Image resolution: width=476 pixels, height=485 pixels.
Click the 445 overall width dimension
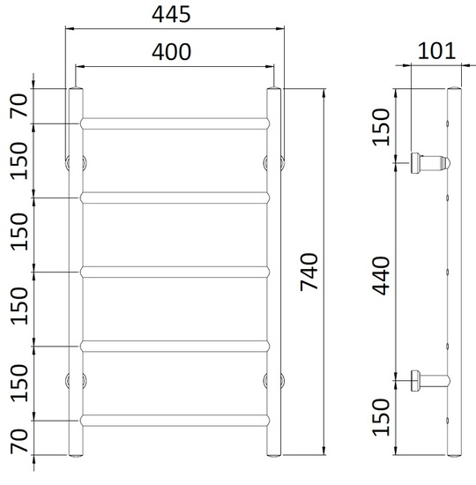pos(171,14)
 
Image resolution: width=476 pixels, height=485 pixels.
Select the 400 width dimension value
pos(171,52)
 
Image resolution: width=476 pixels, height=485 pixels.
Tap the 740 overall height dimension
pos(309,272)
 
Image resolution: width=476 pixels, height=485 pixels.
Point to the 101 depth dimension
pos(436,51)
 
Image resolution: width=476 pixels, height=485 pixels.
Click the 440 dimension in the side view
pos(381,276)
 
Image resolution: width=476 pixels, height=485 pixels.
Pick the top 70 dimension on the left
pos(19,105)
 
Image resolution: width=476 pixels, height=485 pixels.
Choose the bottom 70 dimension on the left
pos(19,442)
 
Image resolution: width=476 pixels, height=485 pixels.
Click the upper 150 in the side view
pos(381,127)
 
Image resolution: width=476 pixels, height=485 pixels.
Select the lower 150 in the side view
pos(381,417)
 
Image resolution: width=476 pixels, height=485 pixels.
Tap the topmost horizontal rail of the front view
pos(175,123)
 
